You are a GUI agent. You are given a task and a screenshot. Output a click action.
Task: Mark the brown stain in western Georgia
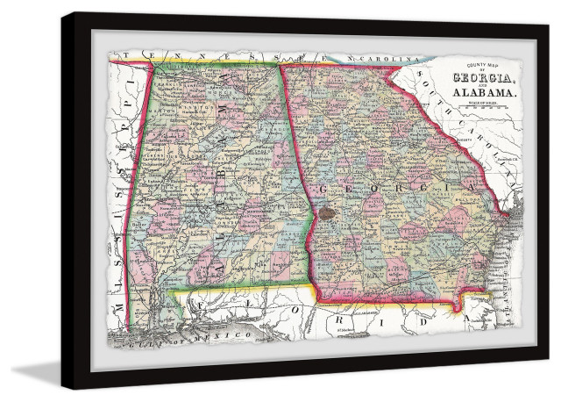point(327,211)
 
